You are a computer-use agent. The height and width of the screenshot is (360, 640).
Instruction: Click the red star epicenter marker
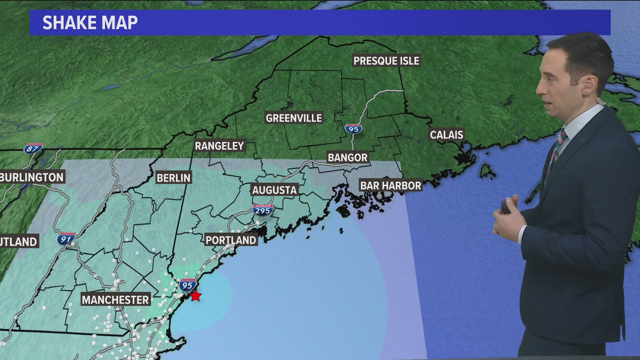(x=196, y=296)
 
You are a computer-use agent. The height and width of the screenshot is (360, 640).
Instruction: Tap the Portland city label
(x=231, y=240)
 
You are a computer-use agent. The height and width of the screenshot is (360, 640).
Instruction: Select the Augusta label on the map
(x=274, y=190)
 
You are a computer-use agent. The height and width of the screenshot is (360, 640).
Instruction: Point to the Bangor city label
(x=347, y=157)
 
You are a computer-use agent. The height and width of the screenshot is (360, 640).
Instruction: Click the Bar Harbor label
(x=391, y=186)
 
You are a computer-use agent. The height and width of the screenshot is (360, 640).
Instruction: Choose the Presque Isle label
(x=386, y=61)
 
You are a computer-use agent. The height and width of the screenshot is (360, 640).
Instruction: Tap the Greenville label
(x=294, y=118)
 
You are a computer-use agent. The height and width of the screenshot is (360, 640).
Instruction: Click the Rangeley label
(x=219, y=146)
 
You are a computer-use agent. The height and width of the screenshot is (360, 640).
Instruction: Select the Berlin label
(x=173, y=178)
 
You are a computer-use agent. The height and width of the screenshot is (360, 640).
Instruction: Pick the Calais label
(x=446, y=135)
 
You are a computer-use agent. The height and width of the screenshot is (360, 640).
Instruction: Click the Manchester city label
(x=115, y=300)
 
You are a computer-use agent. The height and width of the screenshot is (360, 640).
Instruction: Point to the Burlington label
(x=32, y=177)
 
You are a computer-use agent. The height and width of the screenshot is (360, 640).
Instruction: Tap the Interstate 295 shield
(x=263, y=210)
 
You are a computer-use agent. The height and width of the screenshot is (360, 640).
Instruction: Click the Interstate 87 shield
(x=33, y=148)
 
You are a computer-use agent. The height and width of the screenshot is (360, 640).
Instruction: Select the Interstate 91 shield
(x=66, y=239)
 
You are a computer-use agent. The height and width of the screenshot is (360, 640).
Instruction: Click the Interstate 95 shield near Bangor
(x=353, y=129)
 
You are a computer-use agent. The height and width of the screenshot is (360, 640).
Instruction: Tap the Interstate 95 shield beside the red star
(x=187, y=285)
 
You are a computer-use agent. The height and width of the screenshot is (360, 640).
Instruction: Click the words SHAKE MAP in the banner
(x=90, y=23)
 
